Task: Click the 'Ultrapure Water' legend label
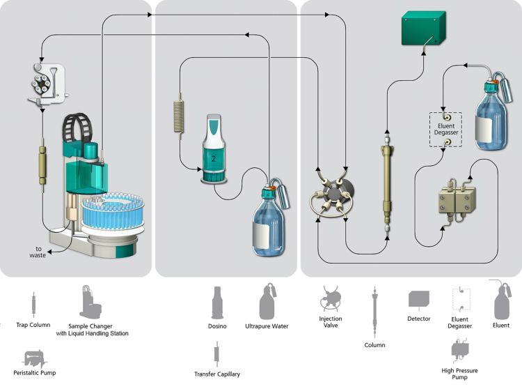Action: [267, 326]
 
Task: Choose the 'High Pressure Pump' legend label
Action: [460, 374]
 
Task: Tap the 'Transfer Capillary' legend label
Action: [217, 374]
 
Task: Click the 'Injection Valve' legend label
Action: [331, 323]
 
